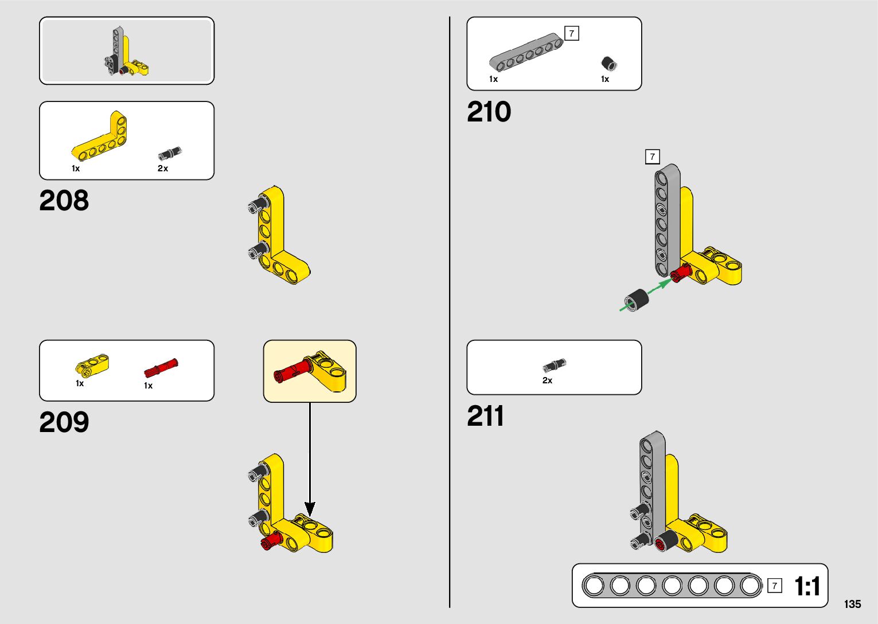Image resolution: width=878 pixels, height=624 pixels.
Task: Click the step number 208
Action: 64,201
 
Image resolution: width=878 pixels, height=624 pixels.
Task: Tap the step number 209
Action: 64,422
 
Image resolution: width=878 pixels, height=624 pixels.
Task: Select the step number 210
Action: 489,112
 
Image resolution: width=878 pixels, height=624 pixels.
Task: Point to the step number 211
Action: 485,416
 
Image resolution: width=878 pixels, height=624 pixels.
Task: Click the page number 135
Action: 852,604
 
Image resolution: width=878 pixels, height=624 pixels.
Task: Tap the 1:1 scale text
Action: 807,586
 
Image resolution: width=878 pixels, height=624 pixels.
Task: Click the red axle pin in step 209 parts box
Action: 161,367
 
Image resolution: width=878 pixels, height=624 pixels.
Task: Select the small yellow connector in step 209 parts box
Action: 92,364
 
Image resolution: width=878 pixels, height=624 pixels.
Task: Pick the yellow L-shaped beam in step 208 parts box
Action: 102,137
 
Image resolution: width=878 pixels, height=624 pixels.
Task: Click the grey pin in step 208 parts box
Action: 169,154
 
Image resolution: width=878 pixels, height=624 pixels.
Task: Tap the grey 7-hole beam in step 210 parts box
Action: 525,53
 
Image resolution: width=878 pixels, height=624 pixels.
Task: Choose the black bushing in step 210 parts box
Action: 608,63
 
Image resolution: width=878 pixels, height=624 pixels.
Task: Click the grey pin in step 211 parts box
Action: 554,366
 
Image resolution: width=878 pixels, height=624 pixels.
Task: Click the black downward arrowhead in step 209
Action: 310,508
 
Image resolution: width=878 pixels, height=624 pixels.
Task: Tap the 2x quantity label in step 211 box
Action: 547,380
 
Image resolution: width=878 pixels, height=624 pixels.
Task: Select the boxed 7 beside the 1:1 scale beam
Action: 774,585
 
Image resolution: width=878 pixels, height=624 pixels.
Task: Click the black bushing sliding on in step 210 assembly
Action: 636,300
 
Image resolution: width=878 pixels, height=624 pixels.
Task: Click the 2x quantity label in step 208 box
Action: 163,168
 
